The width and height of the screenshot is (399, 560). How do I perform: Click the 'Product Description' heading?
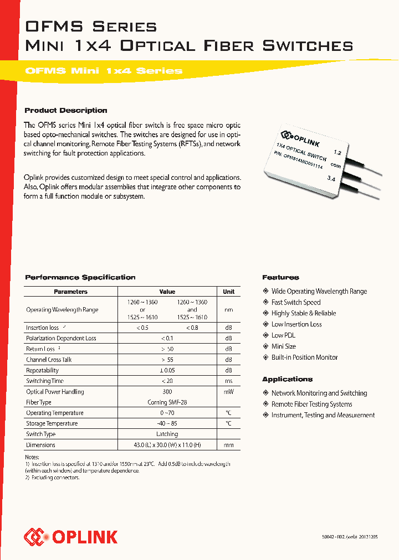click(66, 110)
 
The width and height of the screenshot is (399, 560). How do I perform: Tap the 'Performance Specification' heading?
click(80, 277)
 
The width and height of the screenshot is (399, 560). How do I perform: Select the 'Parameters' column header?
click(70, 292)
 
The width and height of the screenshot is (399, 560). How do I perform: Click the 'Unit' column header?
click(228, 292)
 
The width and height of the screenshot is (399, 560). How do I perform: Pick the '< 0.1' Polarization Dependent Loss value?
click(167, 338)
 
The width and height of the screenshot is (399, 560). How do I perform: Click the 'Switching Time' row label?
click(45, 381)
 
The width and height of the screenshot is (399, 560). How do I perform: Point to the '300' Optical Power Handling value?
click(167, 391)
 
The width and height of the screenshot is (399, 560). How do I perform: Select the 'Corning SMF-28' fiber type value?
click(167, 402)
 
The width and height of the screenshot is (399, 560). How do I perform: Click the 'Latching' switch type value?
click(167, 434)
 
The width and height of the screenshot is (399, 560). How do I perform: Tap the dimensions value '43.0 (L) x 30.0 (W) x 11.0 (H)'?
click(167, 445)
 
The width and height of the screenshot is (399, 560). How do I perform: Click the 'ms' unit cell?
click(228, 381)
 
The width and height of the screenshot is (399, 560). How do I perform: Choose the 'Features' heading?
click(280, 277)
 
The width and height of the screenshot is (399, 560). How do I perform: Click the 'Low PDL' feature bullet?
click(283, 335)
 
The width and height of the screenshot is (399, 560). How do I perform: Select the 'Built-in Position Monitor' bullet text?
click(304, 357)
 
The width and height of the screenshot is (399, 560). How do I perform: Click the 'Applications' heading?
click(287, 379)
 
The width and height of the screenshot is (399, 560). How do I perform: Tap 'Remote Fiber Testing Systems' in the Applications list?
click(311, 404)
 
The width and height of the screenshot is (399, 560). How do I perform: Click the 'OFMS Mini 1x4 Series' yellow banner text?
click(104, 71)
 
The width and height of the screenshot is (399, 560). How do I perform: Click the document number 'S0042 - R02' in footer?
click(322, 537)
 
